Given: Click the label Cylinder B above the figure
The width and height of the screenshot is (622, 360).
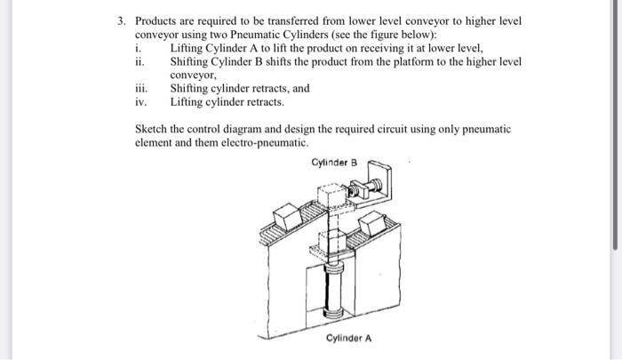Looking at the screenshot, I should tap(334, 163).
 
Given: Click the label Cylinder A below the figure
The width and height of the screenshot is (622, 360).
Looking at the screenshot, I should tap(348, 339).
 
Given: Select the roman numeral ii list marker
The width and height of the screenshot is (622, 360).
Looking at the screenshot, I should tap(138, 61).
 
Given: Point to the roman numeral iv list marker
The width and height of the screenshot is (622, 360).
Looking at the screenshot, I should tap(140, 102).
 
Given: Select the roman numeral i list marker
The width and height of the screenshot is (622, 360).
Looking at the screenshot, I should tap(136, 48).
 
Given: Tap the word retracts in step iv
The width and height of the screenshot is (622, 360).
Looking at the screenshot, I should tap(268, 102).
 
